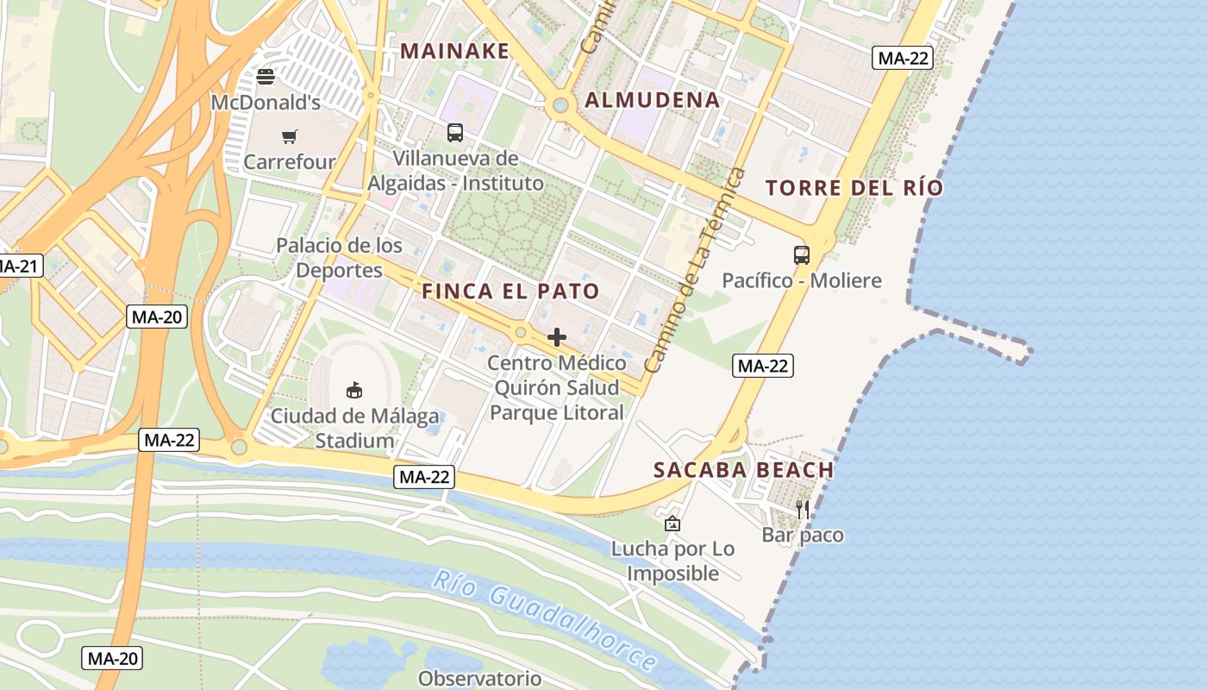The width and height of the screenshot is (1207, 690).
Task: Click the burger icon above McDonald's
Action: coord(266,77)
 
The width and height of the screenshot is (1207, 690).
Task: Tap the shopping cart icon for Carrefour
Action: coord(289,136)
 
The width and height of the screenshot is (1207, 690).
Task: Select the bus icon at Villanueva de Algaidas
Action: coord(455,133)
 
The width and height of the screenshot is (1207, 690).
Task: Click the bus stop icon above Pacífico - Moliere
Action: coord(802,255)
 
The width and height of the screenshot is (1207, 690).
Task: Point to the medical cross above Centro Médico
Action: coord(557,337)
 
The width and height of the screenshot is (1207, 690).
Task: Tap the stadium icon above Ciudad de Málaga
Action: coord(353,391)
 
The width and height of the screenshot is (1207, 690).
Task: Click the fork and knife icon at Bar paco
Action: coord(803,509)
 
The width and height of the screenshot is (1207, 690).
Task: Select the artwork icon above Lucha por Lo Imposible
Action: coord(672,523)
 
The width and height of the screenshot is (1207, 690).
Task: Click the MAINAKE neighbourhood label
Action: coord(455,51)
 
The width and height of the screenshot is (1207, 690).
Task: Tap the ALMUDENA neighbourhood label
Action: coord(653,100)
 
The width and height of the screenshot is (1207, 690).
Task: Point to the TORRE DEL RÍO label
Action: coord(854,188)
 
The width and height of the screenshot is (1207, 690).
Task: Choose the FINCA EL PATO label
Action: coord(510,292)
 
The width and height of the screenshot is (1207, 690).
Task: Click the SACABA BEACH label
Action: coord(743,470)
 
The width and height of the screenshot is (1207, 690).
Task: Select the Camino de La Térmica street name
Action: coord(695,271)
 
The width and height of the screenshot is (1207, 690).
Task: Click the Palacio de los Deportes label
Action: coord(339,258)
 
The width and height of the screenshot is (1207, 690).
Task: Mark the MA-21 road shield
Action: coord(17,266)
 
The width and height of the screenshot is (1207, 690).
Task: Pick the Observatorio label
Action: coord(480,678)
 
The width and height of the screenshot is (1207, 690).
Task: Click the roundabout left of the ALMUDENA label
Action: coord(560,106)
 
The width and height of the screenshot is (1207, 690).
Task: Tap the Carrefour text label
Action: coord(290,161)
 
